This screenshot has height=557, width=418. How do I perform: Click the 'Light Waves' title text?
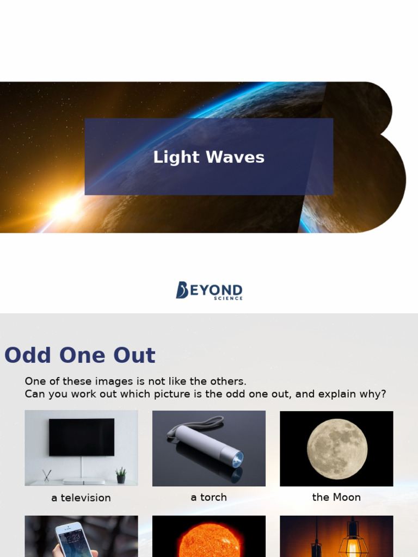coord(208,157)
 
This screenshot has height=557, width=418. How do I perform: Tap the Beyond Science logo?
coord(209,290)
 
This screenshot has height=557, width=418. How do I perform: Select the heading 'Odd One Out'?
coord(80,355)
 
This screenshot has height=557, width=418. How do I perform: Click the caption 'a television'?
coord(81,498)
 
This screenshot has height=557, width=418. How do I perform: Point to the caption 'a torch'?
coord(208,497)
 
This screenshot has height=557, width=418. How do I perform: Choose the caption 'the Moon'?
coord(336,497)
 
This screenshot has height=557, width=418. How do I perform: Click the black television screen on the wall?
coord(82,437)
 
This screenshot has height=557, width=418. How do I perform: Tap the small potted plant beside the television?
coord(121,475)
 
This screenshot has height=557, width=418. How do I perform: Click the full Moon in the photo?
coord(337,449)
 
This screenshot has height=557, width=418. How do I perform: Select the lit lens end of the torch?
coord(237,460)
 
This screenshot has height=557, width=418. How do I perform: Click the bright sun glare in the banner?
coord(64,209)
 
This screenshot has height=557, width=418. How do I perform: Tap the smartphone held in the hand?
coord(73,540)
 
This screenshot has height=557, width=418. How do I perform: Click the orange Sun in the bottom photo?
coord(208,542)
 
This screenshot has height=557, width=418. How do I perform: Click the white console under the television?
coord(83,481)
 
